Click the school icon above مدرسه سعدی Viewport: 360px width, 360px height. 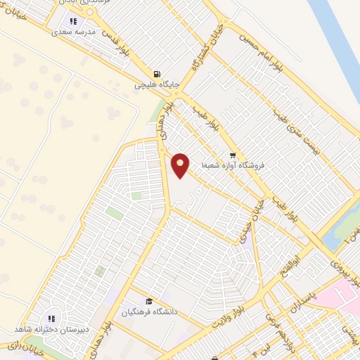point(74,20)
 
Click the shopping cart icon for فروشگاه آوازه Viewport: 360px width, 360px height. point(232,155)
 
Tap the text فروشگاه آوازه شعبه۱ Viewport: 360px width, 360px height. point(233,167)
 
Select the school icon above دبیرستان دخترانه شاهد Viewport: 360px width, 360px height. point(51,319)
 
